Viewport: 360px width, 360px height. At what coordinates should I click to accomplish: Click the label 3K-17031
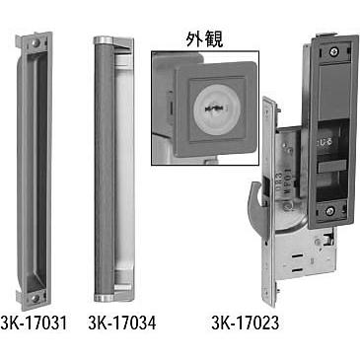(33, 322)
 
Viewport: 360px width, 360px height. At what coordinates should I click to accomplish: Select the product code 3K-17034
(116, 322)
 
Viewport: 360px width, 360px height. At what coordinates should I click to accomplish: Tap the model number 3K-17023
(244, 322)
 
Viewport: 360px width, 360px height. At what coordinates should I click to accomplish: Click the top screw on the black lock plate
(337, 49)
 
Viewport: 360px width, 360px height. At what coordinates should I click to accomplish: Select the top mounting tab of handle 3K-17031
(32, 43)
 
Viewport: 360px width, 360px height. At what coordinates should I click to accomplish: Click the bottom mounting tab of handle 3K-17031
(33, 294)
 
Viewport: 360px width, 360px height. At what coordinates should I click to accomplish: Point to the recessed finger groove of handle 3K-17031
(33, 168)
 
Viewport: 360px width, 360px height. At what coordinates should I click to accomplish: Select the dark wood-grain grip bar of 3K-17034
(103, 168)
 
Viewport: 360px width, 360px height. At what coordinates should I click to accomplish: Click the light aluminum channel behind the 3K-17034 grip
(123, 168)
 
